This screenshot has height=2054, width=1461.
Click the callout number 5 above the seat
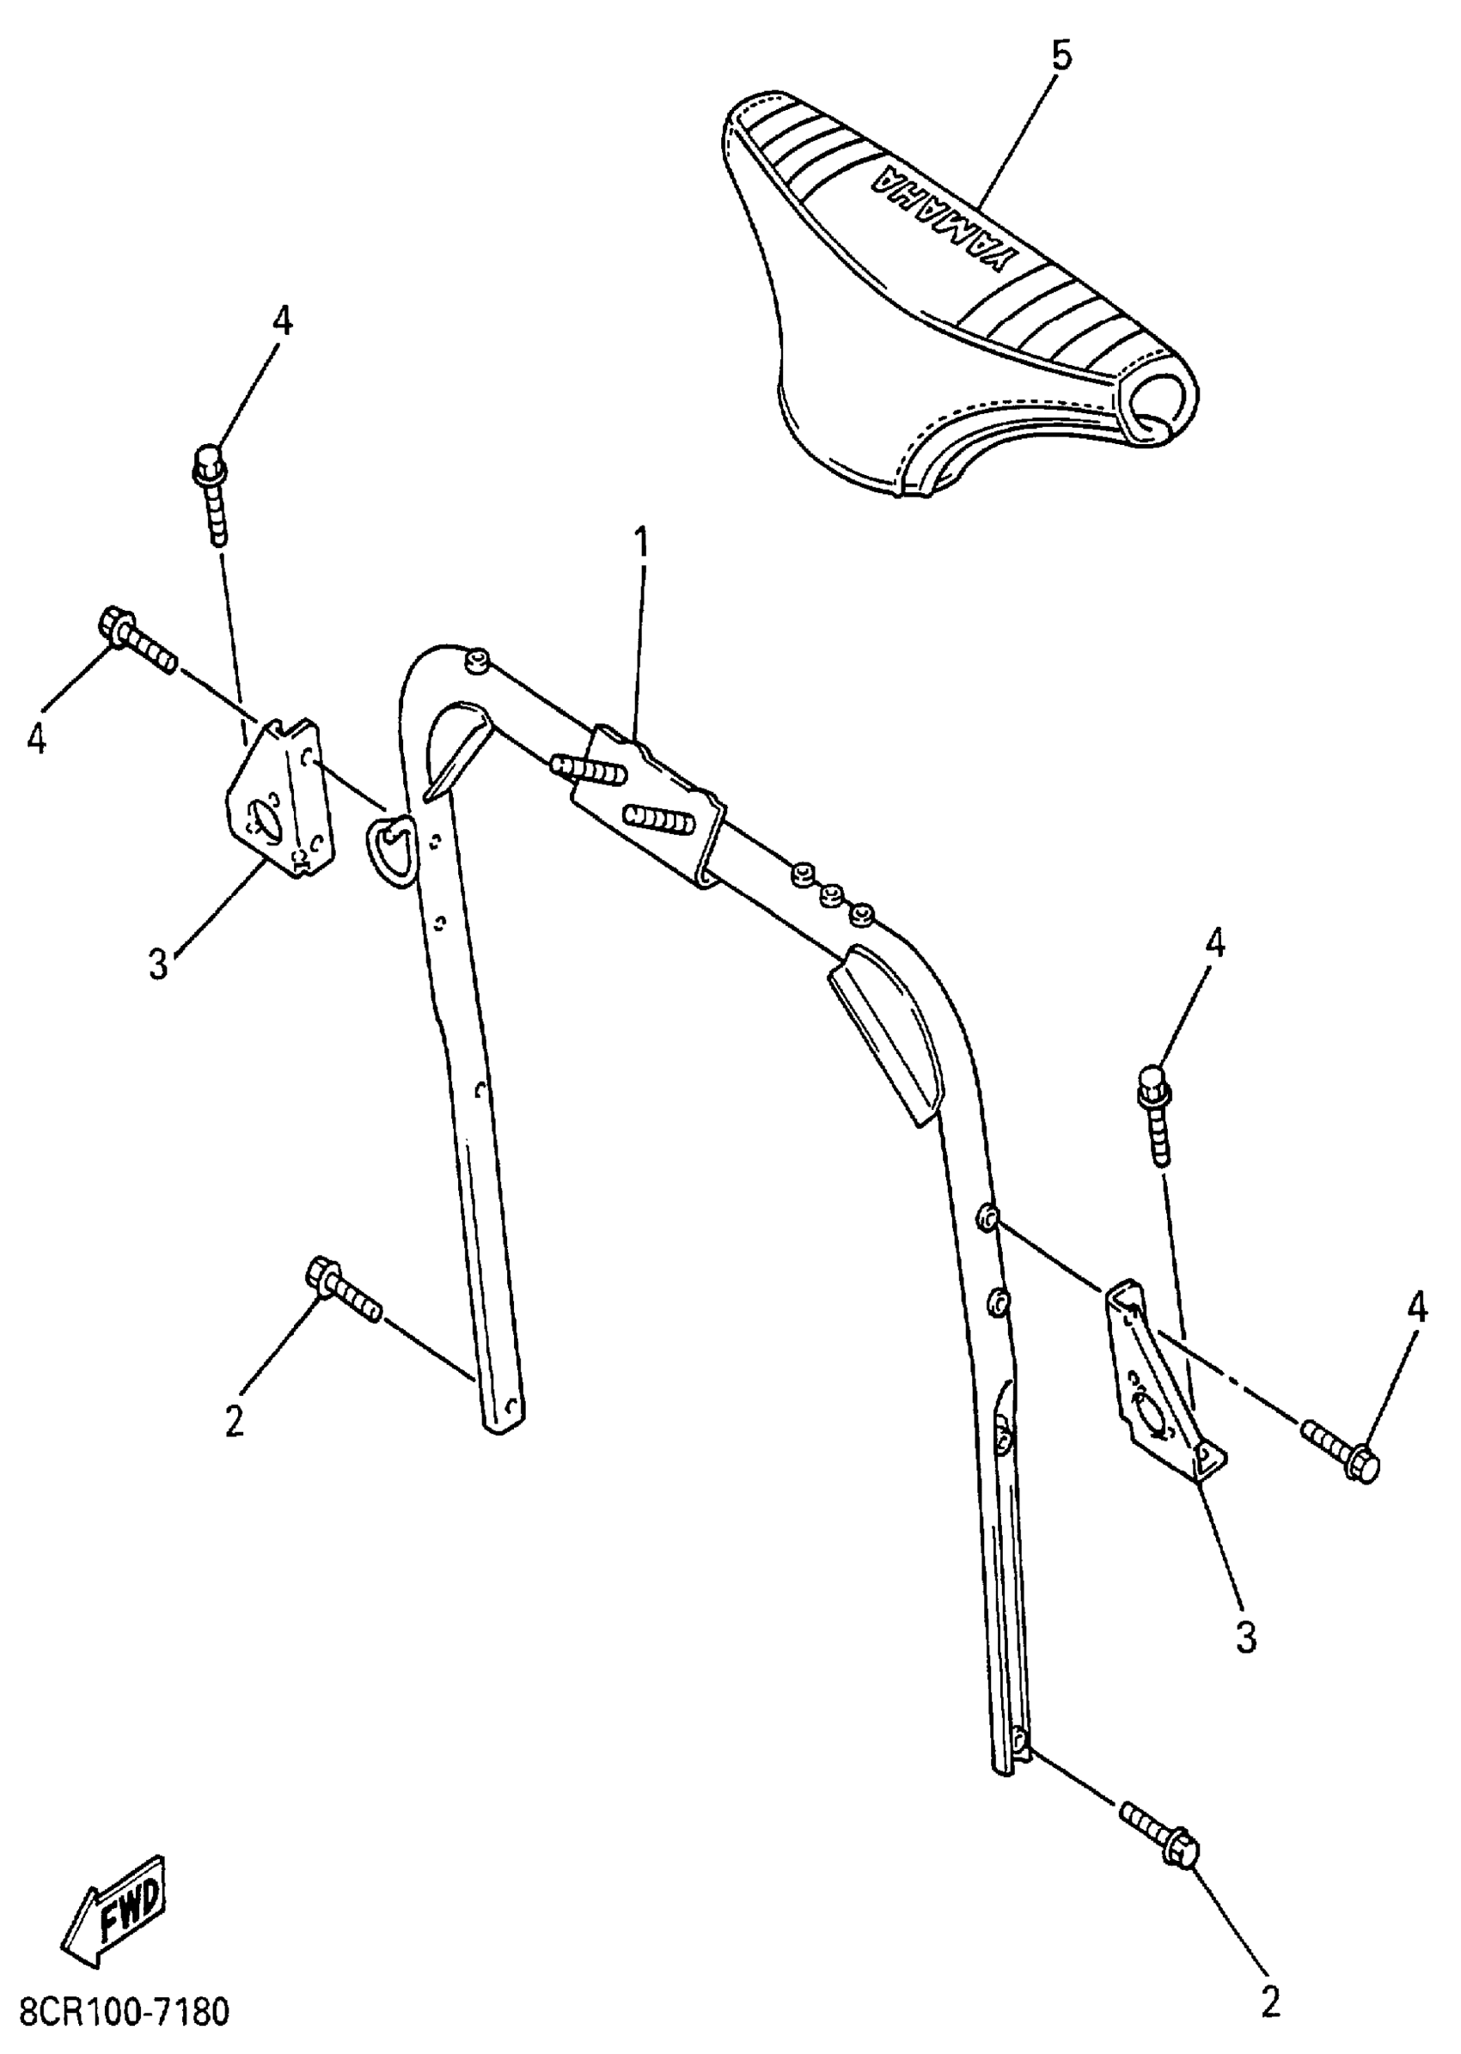(x=1061, y=57)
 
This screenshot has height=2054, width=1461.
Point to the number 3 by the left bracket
(x=159, y=964)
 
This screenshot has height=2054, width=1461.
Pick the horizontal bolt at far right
(x=1341, y=1451)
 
